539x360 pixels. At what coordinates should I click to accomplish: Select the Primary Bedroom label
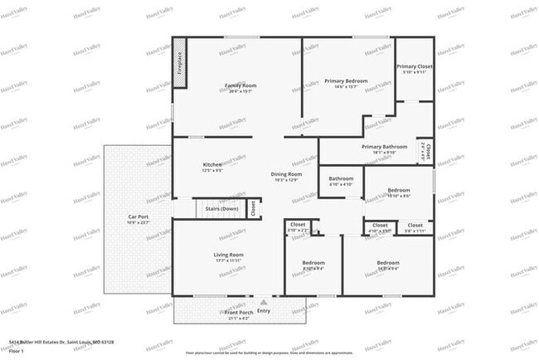[346, 81]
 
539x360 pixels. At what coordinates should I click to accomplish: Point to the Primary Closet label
[414, 66]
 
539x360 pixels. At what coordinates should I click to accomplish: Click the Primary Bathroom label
[384, 147]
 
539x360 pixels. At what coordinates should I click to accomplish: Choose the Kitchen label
[212, 165]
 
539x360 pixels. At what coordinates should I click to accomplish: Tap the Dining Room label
[285, 175]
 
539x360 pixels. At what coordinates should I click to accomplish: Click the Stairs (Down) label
[222, 208]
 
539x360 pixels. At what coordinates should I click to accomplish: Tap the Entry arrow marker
[264, 302]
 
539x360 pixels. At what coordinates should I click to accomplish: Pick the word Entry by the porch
[264, 311]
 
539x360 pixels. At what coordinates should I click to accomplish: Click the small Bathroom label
[341, 178]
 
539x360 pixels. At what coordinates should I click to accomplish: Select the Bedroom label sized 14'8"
[388, 263]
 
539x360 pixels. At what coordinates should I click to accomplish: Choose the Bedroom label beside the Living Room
[313, 263]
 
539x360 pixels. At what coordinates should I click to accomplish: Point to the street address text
[61, 342]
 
